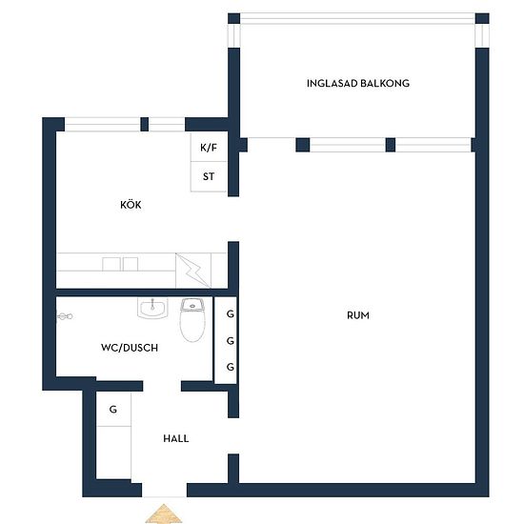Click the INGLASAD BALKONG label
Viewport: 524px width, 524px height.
(358, 83)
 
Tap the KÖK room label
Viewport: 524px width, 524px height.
(131, 205)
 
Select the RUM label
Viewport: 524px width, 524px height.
(358, 315)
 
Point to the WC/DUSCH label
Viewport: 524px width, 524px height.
(130, 348)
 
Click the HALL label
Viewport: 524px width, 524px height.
(176, 438)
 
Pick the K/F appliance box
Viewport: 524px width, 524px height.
(209, 147)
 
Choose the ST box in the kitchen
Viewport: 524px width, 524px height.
(209, 177)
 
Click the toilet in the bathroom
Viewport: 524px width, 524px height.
(192, 320)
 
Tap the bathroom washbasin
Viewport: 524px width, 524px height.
(152, 308)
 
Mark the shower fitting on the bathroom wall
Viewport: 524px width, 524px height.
(65, 316)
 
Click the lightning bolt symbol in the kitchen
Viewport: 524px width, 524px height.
(193, 271)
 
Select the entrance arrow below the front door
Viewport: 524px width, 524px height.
(164, 514)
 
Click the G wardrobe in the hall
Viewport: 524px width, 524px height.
(113, 409)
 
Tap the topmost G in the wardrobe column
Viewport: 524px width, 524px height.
(231, 313)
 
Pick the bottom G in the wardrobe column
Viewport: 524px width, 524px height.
(231, 367)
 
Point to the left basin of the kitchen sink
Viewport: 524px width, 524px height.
(111, 264)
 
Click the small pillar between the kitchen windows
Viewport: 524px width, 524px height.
(145, 124)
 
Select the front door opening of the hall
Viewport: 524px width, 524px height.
(164, 491)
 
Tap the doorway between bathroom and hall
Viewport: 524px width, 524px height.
(162, 386)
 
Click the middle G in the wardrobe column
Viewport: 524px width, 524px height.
(231, 341)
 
